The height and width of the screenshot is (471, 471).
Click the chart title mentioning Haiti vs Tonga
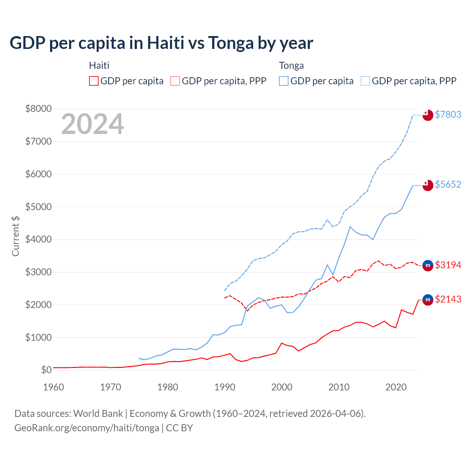click(161, 43)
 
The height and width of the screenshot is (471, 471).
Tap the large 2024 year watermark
click(92, 124)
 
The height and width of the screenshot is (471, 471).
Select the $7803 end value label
click(448, 114)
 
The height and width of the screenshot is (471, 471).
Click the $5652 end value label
click(448, 184)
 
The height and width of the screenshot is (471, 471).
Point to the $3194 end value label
click(448, 265)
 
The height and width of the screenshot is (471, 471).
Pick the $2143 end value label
click(448, 299)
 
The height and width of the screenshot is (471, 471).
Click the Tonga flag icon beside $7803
click(428, 115)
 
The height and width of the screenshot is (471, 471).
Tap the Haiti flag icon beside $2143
click(428, 300)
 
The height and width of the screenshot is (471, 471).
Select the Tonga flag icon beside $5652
click(428, 185)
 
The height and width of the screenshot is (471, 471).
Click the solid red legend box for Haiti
click(94, 81)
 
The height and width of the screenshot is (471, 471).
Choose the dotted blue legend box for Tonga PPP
click(365, 81)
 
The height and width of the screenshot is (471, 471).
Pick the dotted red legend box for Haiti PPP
click(175, 81)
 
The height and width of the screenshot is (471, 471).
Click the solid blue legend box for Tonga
click(284, 81)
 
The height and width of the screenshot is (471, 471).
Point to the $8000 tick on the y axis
click(38, 109)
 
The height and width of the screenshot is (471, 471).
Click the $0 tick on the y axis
click(46, 370)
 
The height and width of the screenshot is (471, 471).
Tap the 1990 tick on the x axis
click(225, 387)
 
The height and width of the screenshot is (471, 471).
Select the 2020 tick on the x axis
click(396, 387)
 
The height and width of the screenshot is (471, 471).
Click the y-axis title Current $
click(15, 236)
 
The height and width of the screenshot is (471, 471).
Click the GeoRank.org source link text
click(86, 428)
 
